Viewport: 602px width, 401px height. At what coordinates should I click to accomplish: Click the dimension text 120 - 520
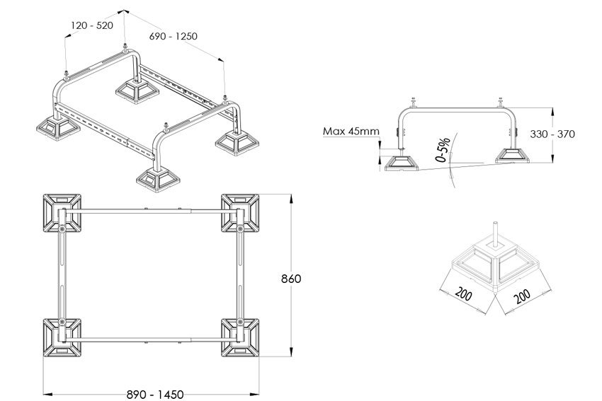[x=92, y=25]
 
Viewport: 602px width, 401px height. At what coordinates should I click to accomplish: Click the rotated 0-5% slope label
[x=443, y=151]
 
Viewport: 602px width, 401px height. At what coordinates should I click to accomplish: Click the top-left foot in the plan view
[x=63, y=213]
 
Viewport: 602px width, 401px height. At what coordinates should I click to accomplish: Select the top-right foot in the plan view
[x=241, y=212]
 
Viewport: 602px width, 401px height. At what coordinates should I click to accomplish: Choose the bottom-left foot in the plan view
[x=63, y=337]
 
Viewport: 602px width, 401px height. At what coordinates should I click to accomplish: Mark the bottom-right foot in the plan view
[x=241, y=337]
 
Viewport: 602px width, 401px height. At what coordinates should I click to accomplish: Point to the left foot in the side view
[x=403, y=163]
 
